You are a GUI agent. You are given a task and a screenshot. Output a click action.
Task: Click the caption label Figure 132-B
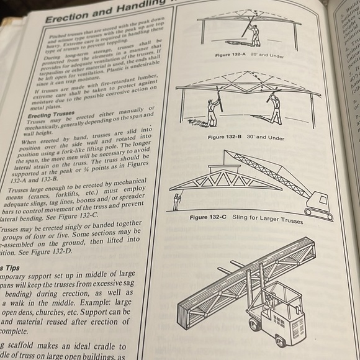point(227,137)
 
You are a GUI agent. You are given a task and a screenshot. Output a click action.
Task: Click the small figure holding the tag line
point(178,202)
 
